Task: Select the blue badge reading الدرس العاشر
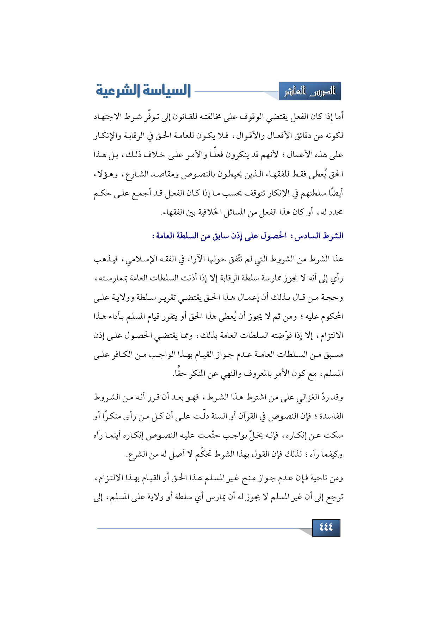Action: click(x=310, y=92)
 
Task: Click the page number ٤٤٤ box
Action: click(x=326, y=527)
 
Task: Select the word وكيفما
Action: click(x=331, y=455)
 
